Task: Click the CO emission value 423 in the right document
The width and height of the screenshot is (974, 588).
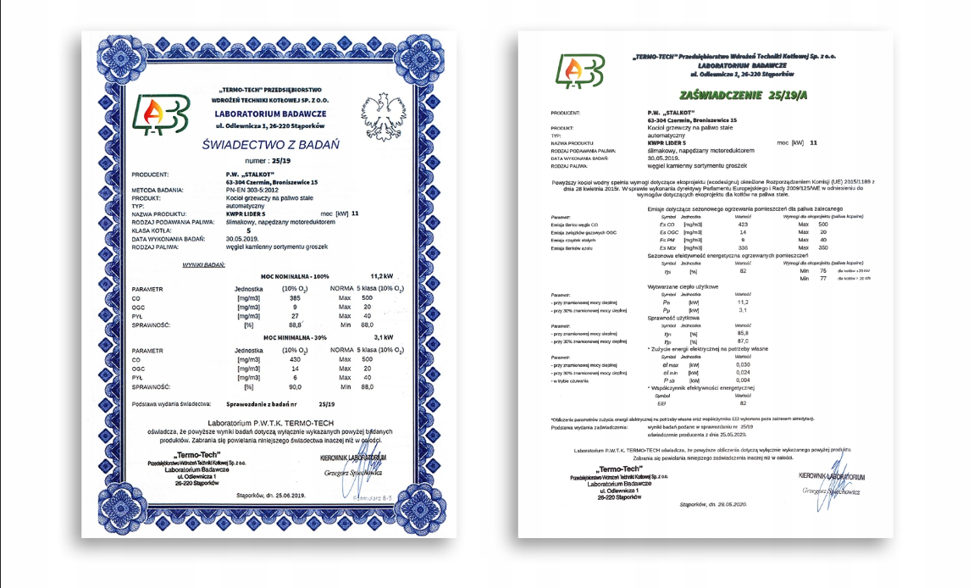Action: tap(742, 224)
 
